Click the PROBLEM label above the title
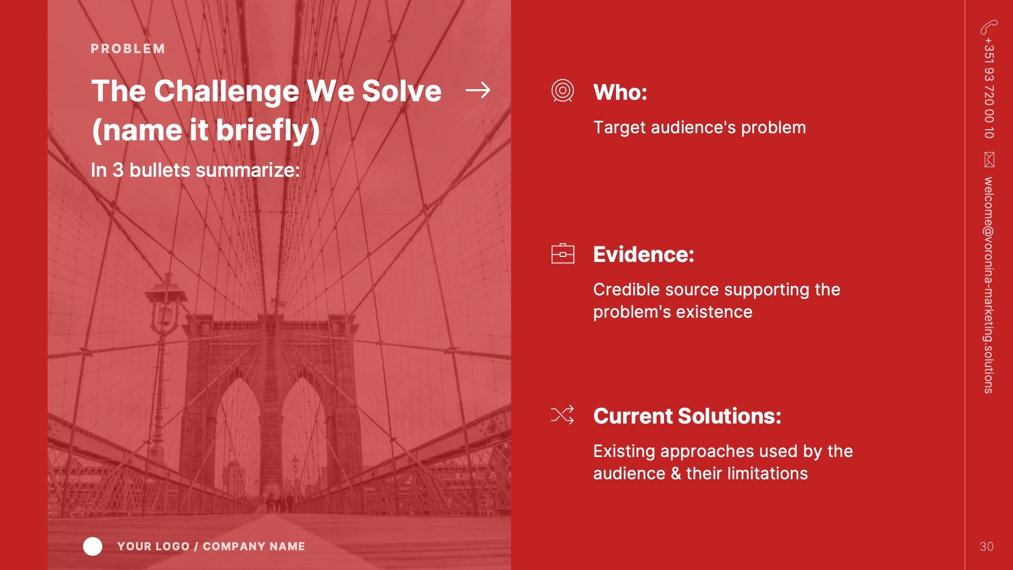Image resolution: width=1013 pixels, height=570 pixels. click(128, 49)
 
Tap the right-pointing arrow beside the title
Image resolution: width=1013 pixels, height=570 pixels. click(478, 90)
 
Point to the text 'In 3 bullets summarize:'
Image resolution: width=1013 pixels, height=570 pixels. click(195, 170)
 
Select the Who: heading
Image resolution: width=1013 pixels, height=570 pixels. click(620, 92)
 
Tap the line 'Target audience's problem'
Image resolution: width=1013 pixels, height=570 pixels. click(699, 128)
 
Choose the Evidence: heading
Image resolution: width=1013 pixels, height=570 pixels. click(643, 254)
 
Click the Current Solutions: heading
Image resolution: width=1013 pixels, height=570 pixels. click(687, 416)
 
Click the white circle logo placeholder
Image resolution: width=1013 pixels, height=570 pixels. click(93, 546)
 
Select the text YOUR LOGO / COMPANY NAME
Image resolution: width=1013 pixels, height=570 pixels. click(211, 546)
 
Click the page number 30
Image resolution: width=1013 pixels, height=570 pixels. click(987, 547)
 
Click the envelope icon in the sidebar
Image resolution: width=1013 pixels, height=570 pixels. click(989, 159)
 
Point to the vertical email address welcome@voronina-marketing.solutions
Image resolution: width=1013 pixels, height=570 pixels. click(988, 285)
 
